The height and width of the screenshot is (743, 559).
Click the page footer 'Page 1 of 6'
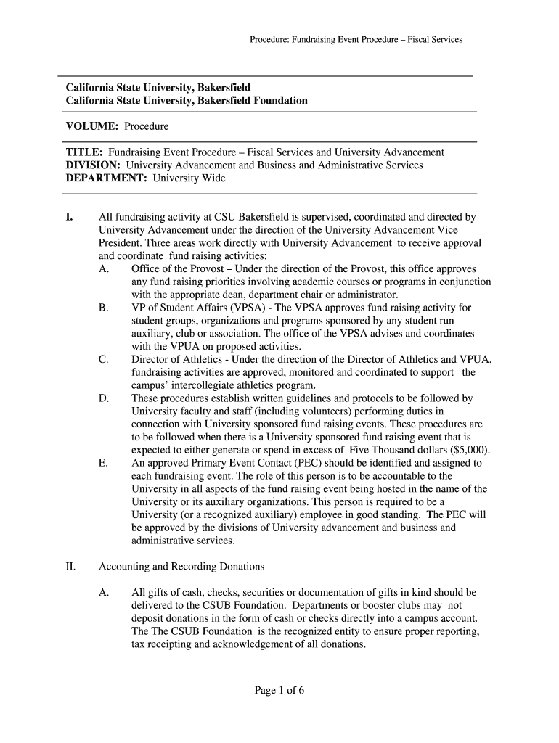pyautogui.click(x=279, y=690)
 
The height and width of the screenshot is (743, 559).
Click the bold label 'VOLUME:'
pyautogui.click(x=92, y=126)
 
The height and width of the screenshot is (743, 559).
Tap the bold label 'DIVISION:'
pyautogui.click(x=93, y=165)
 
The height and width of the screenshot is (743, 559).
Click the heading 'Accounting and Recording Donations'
pyautogui.click(x=181, y=566)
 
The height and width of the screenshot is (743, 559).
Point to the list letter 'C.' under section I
pyautogui.click(x=104, y=359)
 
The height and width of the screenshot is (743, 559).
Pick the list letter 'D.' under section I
pyautogui.click(x=104, y=398)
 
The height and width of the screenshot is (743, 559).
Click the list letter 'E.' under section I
pyautogui.click(x=103, y=462)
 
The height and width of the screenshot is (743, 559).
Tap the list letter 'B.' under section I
pyautogui.click(x=103, y=308)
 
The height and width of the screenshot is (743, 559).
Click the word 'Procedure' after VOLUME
pyautogui.click(x=146, y=126)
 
